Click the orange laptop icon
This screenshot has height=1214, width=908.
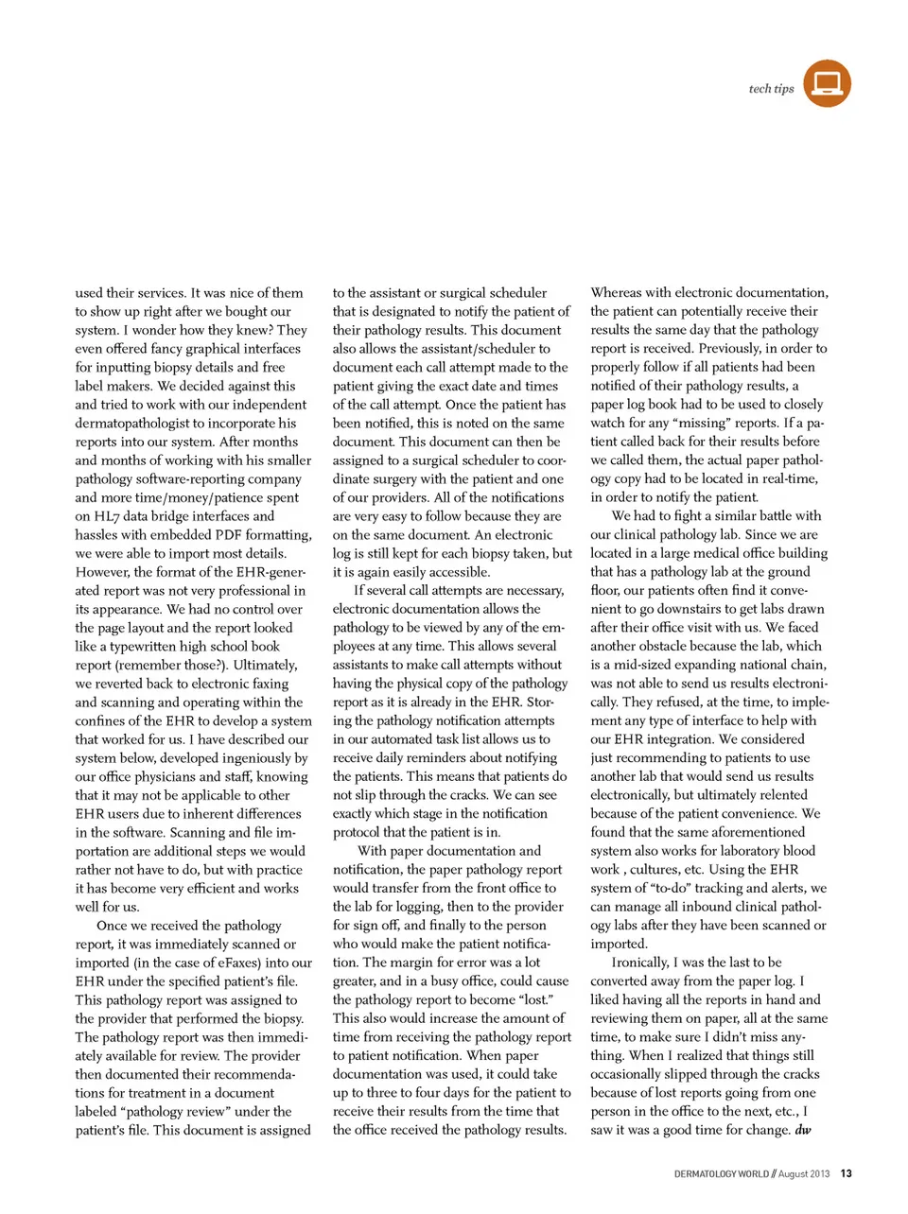pos(827,83)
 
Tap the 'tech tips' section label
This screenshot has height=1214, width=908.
pos(771,89)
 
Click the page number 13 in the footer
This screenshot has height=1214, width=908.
pos(846,1173)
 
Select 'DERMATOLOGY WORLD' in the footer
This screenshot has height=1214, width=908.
pos(721,1173)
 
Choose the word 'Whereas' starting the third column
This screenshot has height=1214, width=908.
pos(617,293)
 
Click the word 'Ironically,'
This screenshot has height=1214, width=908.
pos(640,963)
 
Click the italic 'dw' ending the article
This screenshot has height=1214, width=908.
pos(802,1130)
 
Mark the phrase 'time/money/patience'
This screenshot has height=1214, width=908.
pos(169,497)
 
